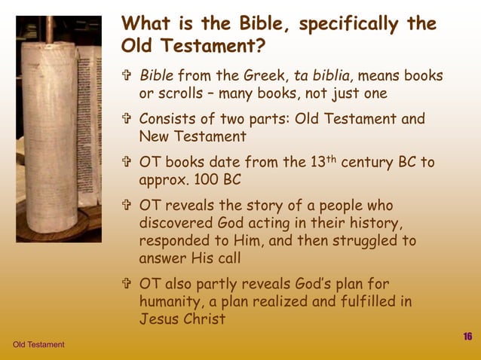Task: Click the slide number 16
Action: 467,336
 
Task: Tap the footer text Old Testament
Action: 38,345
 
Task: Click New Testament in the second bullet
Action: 192,136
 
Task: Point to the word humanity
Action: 170,302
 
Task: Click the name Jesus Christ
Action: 182,319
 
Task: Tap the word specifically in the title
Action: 353,24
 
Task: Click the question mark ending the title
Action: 259,47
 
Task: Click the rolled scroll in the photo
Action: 51,128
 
